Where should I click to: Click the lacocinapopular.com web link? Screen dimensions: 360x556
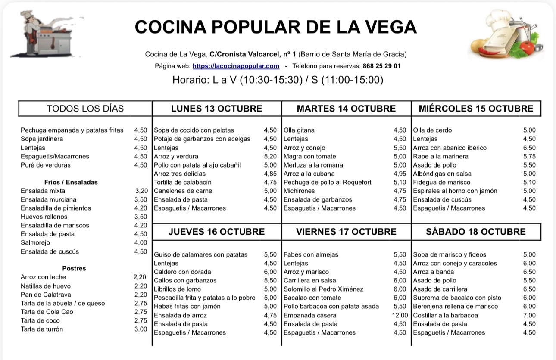pos(236,66)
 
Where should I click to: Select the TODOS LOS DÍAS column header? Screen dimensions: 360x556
pos(85,109)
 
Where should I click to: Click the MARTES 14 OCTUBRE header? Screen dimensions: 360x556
pos(346,109)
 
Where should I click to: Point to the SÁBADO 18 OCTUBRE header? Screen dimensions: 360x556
pos(476,232)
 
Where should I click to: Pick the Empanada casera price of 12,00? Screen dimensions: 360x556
pos(400,315)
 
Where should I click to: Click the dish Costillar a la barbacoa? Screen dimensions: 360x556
pos(445,315)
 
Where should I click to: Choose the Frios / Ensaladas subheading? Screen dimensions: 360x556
pos(71,182)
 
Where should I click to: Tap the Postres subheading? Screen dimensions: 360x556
pos(74,268)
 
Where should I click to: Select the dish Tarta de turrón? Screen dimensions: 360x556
pos(42,329)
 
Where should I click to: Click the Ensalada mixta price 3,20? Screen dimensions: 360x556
pos(141,191)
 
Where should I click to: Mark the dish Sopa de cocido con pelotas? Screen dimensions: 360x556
pos(194,130)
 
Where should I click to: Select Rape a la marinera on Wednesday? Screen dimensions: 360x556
pos(440,156)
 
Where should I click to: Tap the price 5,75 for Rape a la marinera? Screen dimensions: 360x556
pos(529,156)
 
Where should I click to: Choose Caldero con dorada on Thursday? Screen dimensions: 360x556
pos(182,272)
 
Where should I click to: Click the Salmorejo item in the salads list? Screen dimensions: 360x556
pos(35,242)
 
